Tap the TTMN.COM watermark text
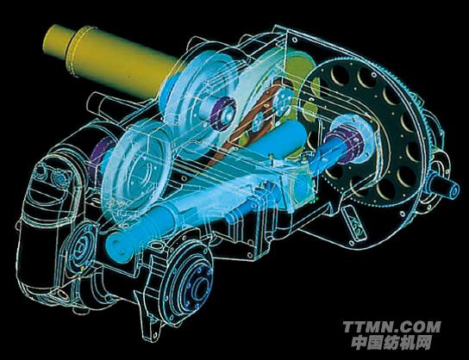click(x=391, y=326)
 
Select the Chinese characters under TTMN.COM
click(x=391, y=343)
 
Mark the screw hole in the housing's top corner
click(x=295, y=40)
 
